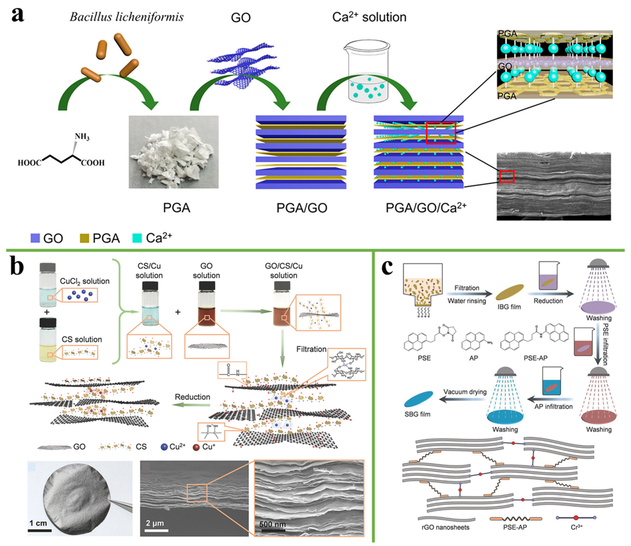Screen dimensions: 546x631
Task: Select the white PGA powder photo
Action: [x=174, y=152]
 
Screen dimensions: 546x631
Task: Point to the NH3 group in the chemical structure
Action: [x=82, y=136]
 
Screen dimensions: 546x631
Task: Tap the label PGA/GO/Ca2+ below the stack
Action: [x=426, y=208]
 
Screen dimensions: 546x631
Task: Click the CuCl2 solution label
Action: [x=84, y=281]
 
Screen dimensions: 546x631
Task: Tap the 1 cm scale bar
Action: [x=39, y=531]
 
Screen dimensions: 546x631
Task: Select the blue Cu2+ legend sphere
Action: [x=164, y=447]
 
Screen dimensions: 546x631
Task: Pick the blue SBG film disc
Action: [x=418, y=399]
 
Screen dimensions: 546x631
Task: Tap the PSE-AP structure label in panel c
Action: [x=535, y=358]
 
